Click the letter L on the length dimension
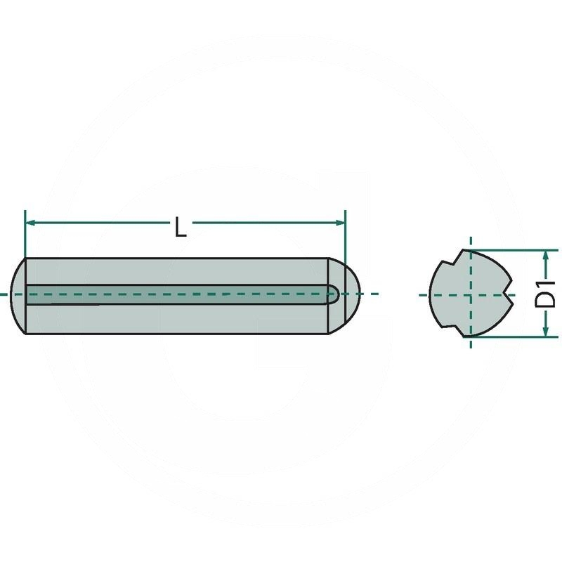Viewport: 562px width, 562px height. [181, 228]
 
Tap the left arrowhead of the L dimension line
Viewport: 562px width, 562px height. [30, 223]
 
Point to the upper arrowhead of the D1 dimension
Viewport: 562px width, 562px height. [546, 254]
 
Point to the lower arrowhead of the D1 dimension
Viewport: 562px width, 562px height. [546, 332]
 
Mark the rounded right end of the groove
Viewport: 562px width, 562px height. [335, 294]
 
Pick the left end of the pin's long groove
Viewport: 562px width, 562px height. [30, 295]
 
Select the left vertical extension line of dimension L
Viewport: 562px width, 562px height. [25, 235]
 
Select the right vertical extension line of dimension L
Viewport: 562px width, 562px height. [346, 235]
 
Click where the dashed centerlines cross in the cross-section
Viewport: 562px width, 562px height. [469, 295]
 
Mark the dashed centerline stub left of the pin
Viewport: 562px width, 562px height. [6, 294]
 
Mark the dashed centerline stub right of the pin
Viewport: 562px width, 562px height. [371, 294]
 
